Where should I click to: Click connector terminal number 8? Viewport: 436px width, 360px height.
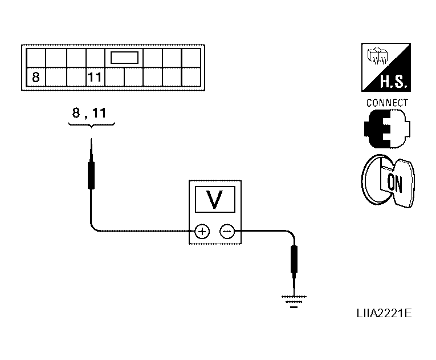click(x=35, y=77)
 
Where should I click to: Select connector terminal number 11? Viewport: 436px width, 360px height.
click(x=95, y=77)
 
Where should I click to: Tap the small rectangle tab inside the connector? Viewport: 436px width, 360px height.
click(x=124, y=58)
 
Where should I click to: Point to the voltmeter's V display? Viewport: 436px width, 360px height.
click(x=215, y=199)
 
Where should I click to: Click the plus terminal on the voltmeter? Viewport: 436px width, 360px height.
click(x=202, y=232)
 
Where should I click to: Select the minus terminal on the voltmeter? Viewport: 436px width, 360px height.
click(x=226, y=232)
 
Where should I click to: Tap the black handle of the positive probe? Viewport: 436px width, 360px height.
click(x=91, y=175)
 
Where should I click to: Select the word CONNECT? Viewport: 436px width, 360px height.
click(x=387, y=103)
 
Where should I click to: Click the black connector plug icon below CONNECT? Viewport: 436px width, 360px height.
click(x=385, y=129)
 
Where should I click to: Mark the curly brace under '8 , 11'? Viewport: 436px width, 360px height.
click(x=90, y=126)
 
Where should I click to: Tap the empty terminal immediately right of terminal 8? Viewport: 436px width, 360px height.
click(x=55, y=77)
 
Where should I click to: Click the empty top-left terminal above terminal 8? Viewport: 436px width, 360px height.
click(x=35, y=58)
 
